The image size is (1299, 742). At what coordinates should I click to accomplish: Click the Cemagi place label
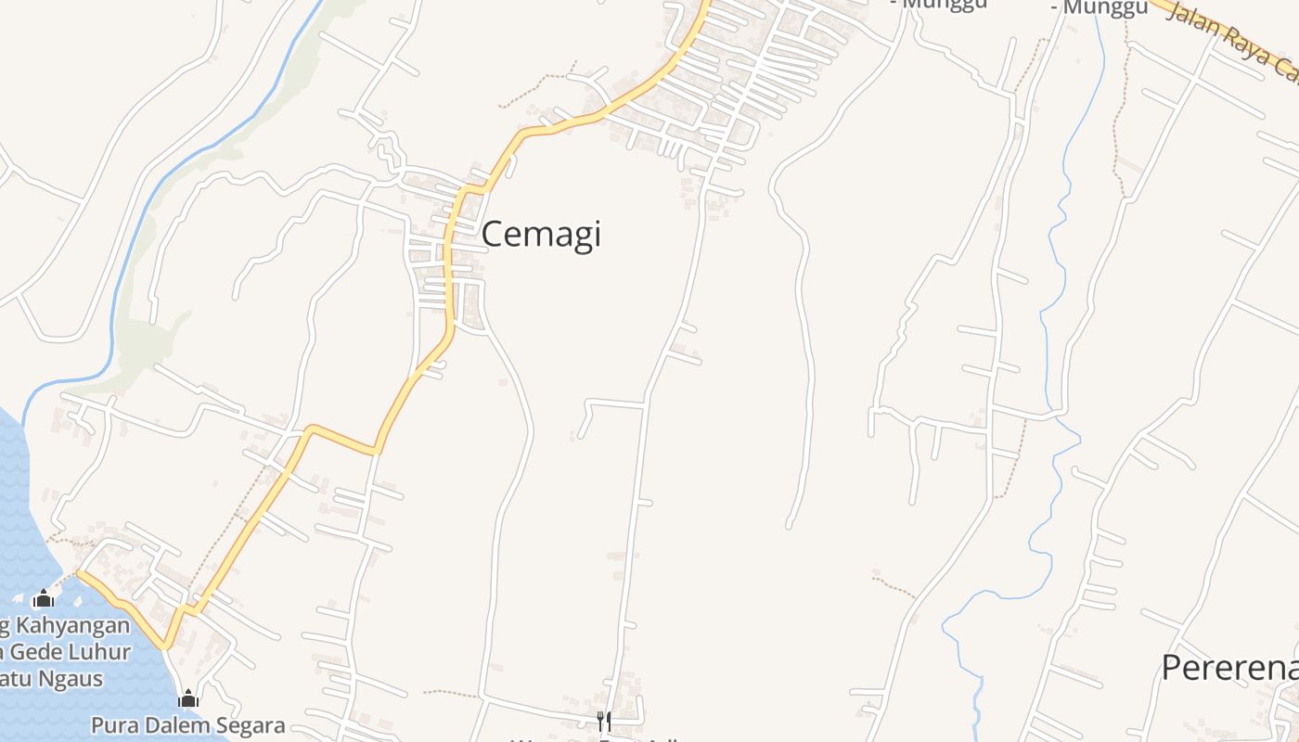pyautogui.click(x=541, y=234)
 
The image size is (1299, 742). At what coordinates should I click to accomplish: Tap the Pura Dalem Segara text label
pyautogui.click(x=187, y=724)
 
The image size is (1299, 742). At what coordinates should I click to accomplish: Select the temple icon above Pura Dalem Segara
pyautogui.click(x=188, y=698)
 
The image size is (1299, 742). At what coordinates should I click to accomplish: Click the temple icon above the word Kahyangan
pyautogui.click(x=43, y=599)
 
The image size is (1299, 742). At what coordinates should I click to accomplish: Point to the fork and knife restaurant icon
pyautogui.click(x=604, y=722)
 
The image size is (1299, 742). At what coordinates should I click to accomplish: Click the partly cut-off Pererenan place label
pyautogui.click(x=1229, y=667)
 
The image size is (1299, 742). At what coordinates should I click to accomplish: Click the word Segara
pyautogui.click(x=249, y=724)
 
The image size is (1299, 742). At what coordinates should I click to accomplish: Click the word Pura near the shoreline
pyautogui.click(x=110, y=724)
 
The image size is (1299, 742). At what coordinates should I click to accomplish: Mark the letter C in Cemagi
pyautogui.click(x=494, y=234)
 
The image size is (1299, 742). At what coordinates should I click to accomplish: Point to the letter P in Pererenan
pyautogui.click(x=1172, y=667)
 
